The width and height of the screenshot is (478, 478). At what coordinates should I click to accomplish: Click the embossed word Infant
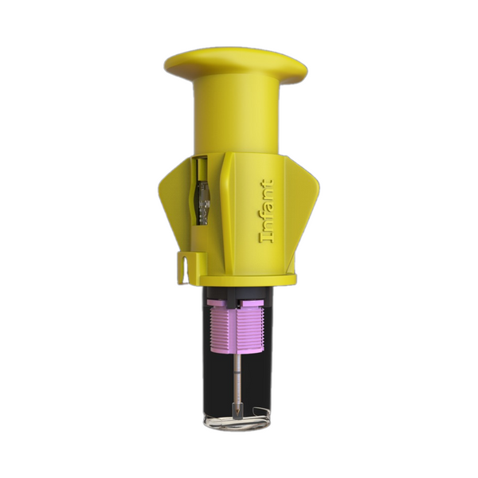[266, 211]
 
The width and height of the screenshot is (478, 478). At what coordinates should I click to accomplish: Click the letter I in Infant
[266, 238]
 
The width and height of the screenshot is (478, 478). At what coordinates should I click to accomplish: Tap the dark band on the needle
[237, 373]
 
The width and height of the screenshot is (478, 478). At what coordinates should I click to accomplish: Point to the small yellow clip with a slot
[183, 267]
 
